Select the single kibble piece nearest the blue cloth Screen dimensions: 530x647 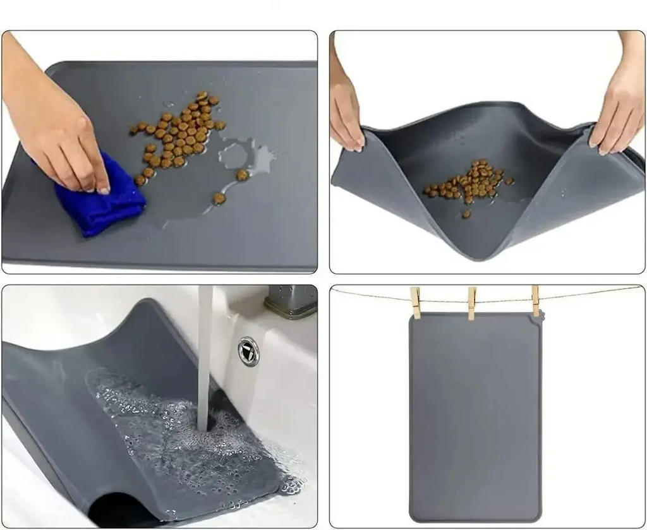coord(140,180)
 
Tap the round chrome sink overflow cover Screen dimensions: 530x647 coord(248,351)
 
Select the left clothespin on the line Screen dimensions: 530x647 coord(415,302)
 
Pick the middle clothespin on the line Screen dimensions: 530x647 coord(471,302)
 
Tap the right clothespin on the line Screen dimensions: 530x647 coord(536,301)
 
